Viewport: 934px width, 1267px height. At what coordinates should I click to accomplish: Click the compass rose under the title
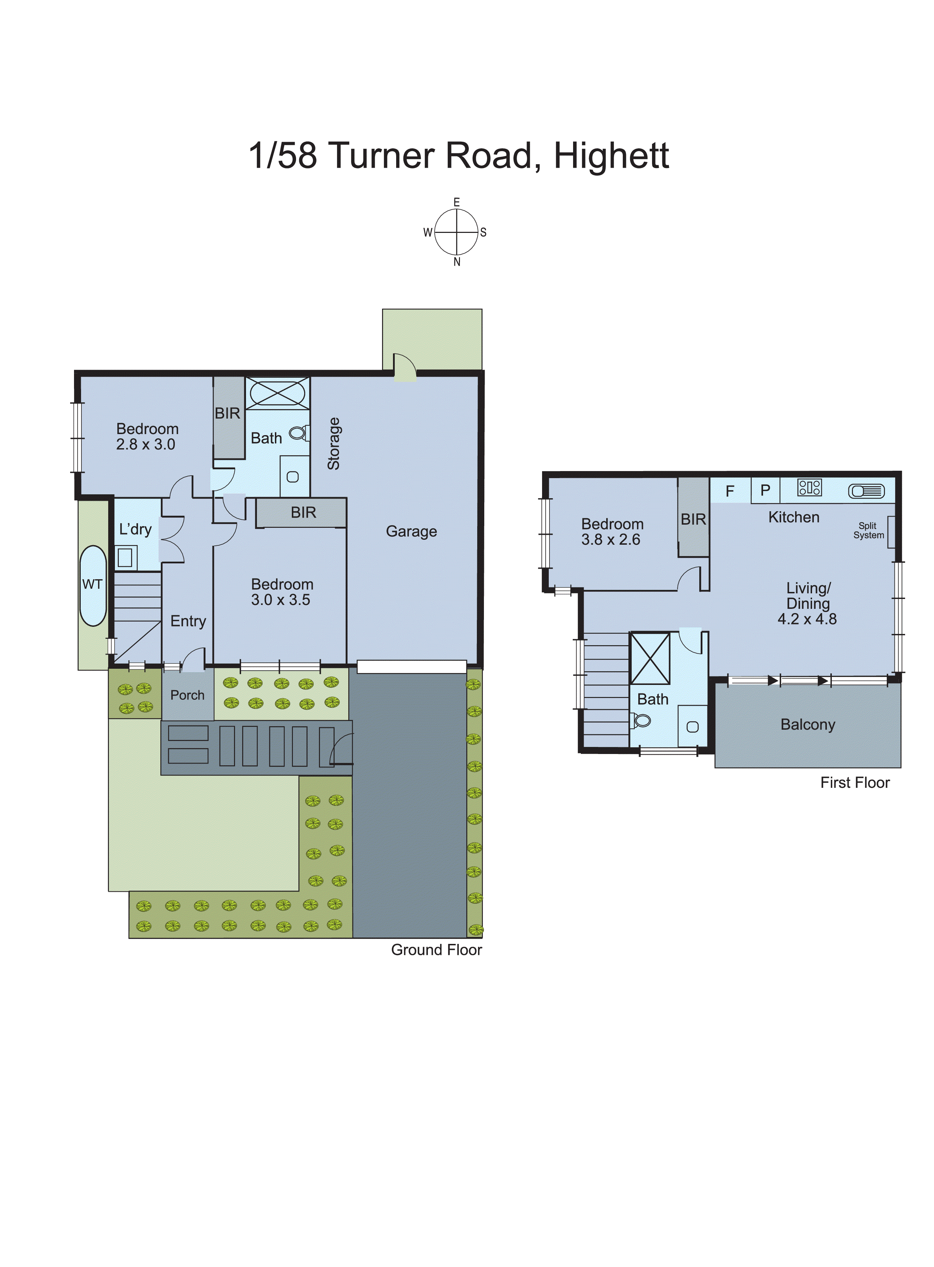click(x=456, y=232)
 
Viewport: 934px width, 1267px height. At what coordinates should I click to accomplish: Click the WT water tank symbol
click(x=93, y=585)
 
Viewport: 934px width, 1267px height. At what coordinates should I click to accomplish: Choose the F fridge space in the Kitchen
click(x=730, y=490)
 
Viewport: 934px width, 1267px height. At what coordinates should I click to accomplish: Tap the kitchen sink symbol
click(x=866, y=491)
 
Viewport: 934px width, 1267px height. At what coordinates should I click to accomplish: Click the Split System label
click(x=868, y=531)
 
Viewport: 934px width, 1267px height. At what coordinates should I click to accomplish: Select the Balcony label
click(x=807, y=724)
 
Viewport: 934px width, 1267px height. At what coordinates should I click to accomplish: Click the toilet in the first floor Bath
click(x=642, y=721)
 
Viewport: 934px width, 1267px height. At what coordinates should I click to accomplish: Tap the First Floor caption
click(x=854, y=783)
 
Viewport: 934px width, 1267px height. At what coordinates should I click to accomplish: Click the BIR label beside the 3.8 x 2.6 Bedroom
click(x=693, y=519)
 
